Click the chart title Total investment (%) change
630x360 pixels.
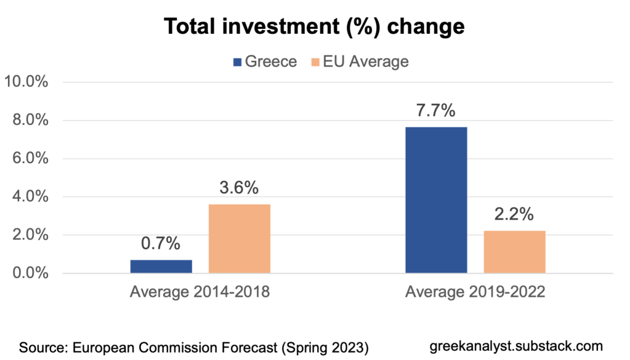pyautogui.click(x=314, y=27)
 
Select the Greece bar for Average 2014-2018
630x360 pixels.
pyautogui.click(x=161, y=266)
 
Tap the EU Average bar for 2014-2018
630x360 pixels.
pyautogui.click(x=240, y=239)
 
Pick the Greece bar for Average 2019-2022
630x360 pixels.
pyautogui.click(x=436, y=200)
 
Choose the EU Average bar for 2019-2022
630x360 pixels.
pyautogui.click(x=514, y=252)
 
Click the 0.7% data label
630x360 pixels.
pyautogui.click(x=161, y=244)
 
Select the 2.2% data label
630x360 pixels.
pyautogui.click(x=514, y=215)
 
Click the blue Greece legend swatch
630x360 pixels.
pyautogui.click(x=236, y=62)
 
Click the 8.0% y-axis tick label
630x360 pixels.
pyautogui.click(x=30, y=120)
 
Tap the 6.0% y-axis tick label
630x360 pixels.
pyautogui.click(x=30, y=158)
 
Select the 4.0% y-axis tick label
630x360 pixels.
pyautogui.click(x=30, y=197)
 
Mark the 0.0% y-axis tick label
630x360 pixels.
pyautogui.click(x=30, y=273)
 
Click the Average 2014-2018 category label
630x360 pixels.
pyautogui.click(x=200, y=292)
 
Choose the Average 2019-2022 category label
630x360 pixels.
pyautogui.click(x=475, y=292)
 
